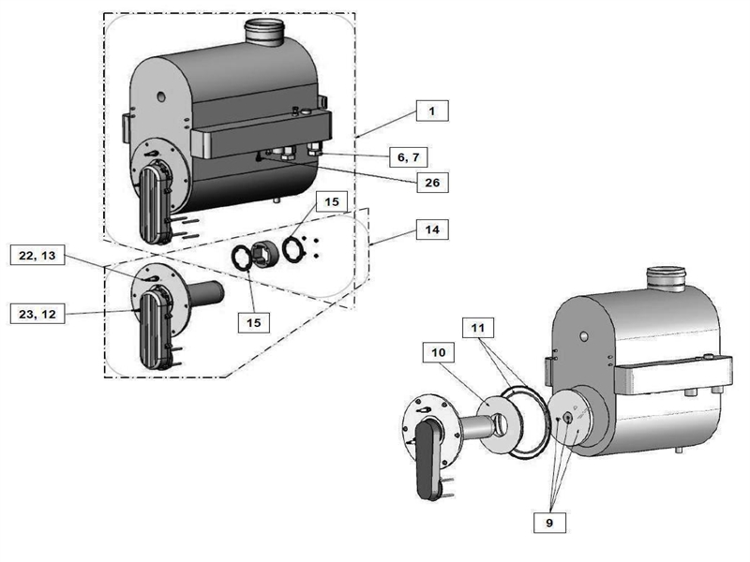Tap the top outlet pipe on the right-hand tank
[667, 278]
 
